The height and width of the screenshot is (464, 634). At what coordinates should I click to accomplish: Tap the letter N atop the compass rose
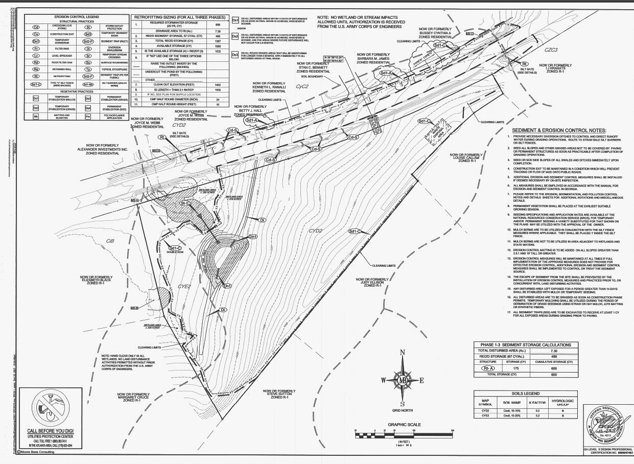click(x=403, y=353)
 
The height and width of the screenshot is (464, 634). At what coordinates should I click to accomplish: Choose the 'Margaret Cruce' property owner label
click(x=135, y=398)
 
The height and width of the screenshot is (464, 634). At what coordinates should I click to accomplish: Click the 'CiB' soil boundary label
click(x=110, y=241)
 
